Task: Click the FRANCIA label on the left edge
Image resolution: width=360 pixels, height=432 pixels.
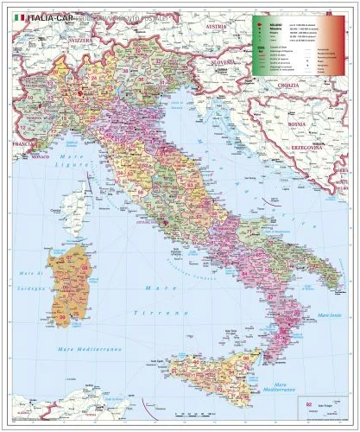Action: click(x=20, y=142)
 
